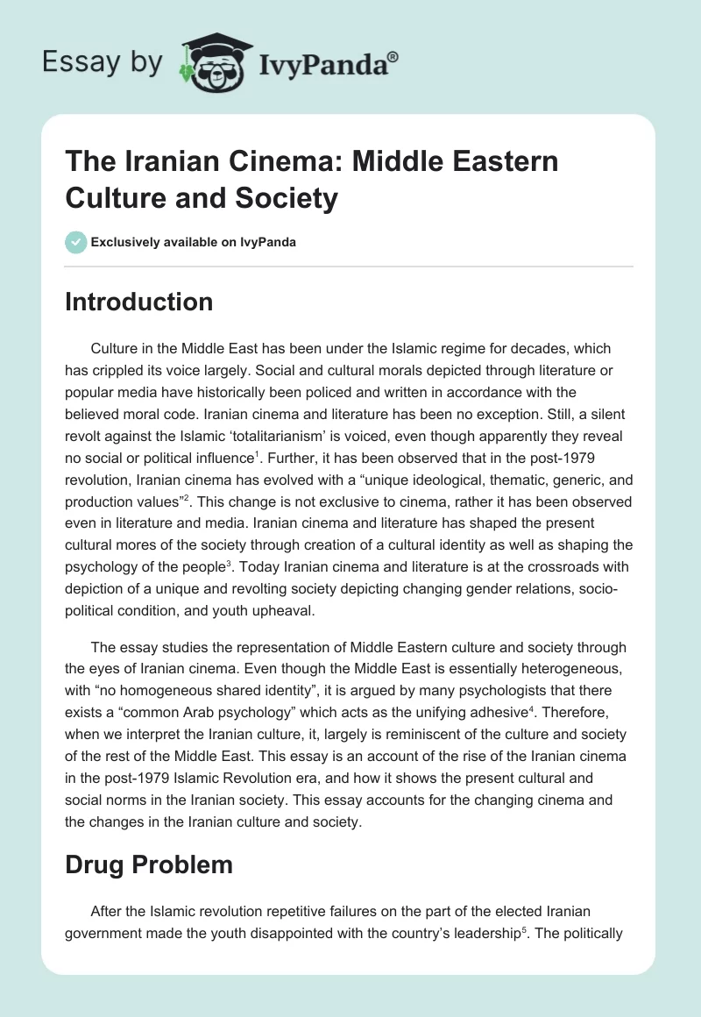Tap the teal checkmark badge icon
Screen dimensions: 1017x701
click(x=76, y=242)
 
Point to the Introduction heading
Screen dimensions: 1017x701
click(x=138, y=302)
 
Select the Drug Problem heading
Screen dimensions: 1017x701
click(x=149, y=865)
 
